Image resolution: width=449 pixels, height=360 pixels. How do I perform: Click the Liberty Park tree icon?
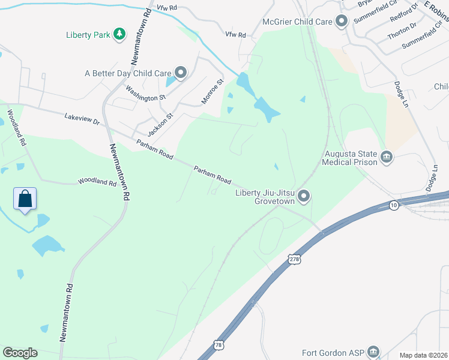coord(120,34)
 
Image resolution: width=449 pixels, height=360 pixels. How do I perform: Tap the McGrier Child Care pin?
coord(342,22)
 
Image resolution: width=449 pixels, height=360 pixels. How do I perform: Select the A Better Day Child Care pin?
coord(181,73)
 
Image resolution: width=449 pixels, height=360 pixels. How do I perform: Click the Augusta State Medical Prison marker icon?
coord(387,158)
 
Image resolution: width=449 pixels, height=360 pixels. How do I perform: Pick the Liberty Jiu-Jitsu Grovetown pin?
coord(304,196)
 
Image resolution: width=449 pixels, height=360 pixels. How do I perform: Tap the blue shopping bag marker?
coord(25,199)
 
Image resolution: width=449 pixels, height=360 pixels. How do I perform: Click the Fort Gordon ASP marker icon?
coord(373,352)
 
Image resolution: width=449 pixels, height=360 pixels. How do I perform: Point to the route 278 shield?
coord(294,259)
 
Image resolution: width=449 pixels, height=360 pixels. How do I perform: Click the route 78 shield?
coord(218,345)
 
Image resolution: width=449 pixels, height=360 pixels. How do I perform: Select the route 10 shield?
coord(394,205)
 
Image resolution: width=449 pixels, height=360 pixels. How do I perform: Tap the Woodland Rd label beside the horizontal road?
coord(97,181)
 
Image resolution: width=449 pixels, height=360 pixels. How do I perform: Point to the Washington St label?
coord(145,93)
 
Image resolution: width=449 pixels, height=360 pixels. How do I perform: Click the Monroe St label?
coord(212,91)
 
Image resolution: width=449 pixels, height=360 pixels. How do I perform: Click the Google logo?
coord(20,353)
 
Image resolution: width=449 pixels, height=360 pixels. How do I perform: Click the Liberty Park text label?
coord(88,35)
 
